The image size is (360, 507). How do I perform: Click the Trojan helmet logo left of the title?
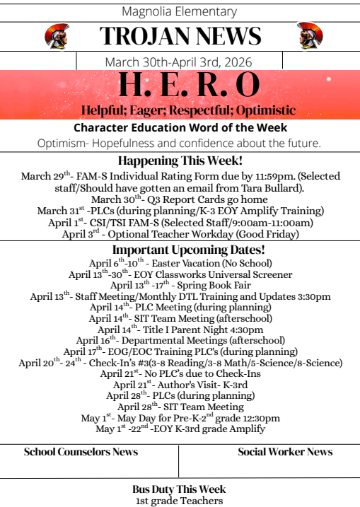click(56, 36)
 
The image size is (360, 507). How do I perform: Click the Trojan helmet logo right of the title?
click(309, 36)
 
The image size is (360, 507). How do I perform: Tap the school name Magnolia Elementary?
click(180, 11)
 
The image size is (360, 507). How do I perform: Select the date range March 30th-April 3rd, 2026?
click(180, 62)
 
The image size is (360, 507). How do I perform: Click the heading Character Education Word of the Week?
click(180, 128)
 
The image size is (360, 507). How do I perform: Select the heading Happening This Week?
click(180, 161)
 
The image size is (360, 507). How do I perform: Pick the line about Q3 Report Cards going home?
click(180, 199)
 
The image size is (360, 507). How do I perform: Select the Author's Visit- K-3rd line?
click(180, 384)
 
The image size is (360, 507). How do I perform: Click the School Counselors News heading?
click(81, 452)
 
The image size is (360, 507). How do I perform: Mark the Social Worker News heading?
click(285, 452)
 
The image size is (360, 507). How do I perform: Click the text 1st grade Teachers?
click(180, 501)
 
